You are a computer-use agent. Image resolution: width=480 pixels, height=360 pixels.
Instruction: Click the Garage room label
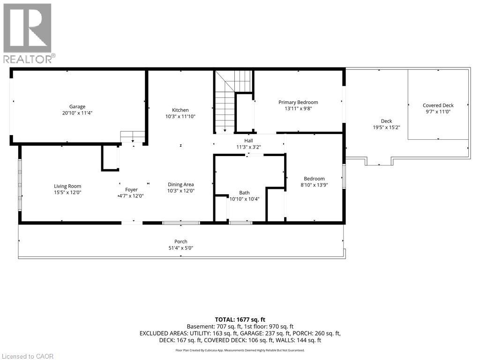point(77,107)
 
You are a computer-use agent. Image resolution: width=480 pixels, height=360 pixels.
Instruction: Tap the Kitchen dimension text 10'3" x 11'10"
point(180,116)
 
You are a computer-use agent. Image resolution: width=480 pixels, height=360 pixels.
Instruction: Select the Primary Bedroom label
point(298,102)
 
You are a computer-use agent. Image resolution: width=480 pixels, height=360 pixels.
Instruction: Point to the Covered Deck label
point(438,105)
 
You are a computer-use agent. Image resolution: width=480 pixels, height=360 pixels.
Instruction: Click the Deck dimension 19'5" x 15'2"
point(386,127)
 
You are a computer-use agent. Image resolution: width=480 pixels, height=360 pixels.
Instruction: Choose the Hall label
point(248,141)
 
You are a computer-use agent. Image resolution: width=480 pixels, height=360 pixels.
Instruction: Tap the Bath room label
point(244,193)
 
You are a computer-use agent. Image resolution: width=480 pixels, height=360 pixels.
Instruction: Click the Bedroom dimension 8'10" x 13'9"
point(314,185)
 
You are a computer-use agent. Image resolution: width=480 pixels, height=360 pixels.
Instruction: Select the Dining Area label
point(181,185)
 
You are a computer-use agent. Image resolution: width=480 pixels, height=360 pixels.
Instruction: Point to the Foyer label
point(131,190)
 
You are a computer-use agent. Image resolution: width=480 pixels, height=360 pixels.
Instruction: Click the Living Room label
point(67,186)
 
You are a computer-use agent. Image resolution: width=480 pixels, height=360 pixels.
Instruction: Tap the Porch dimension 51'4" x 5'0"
point(180,248)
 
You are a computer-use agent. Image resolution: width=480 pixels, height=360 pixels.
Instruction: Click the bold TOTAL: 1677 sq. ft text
point(240,319)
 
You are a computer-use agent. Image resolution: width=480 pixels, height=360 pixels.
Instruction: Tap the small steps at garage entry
point(133,136)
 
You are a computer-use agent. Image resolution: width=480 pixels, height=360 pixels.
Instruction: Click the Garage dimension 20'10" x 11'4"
point(77,113)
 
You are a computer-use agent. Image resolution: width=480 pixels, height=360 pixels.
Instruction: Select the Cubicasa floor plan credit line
point(240,350)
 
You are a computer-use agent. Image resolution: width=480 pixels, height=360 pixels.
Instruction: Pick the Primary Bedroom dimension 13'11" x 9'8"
point(298,108)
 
